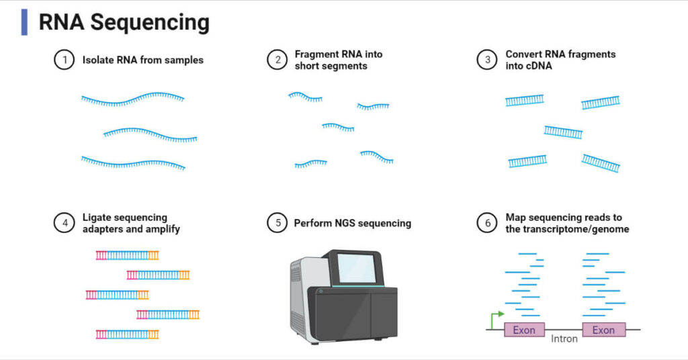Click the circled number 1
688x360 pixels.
coord(64,60)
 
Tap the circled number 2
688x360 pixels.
coord(277,60)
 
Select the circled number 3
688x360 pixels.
coord(488,60)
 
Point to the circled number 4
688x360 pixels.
coord(64,223)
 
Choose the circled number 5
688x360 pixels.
coord(277,223)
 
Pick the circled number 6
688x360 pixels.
coord(488,223)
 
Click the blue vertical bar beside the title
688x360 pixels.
coord(25,22)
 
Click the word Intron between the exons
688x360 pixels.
coord(564,339)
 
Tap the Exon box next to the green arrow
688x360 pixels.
coord(524,330)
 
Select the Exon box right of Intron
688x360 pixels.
coord(603,330)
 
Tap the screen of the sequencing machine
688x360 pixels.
coord(356,267)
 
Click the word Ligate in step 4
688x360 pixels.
coord(97,217)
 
